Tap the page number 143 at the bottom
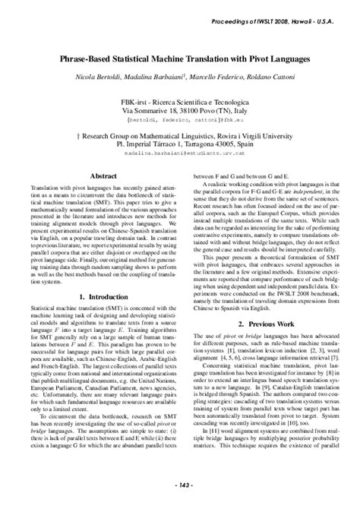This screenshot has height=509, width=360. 179,501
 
